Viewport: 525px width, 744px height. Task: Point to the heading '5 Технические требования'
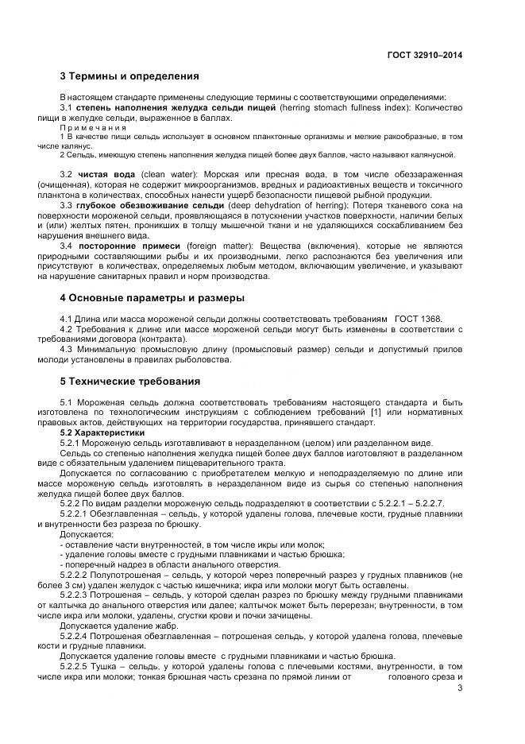pyautogui.click(x=129, y=381)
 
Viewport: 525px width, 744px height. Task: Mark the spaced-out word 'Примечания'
pyautogui.click(x=94, y=127)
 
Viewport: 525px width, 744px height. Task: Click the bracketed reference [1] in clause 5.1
pyautogui.click(x=379, y=412)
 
